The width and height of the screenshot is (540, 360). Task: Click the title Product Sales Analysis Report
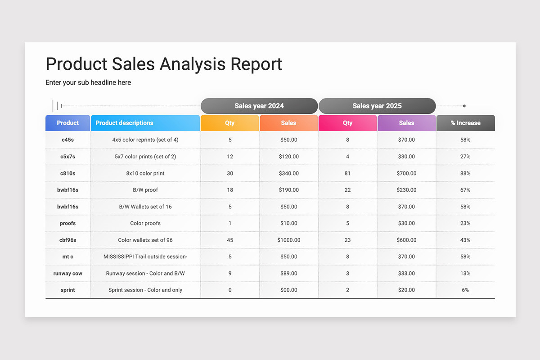pos(164,64)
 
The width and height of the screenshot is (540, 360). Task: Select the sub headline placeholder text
pos(88,82)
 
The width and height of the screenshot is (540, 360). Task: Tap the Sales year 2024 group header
pos(259,106)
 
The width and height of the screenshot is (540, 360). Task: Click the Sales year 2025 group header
pos(377,106)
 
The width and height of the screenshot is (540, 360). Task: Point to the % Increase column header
pos(465,123)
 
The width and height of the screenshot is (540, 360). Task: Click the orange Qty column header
pos(230,123)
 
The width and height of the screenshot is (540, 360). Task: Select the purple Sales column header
pos(406,123)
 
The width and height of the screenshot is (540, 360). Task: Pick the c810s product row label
pos(67,173)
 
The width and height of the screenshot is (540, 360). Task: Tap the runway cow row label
pos(67,273)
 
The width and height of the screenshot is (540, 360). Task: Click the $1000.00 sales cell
pos(288,240)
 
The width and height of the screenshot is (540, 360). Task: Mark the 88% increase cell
pos(465,173)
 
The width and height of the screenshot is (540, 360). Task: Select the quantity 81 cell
pos(347,173)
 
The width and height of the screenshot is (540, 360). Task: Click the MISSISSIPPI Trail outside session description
pos(145,256)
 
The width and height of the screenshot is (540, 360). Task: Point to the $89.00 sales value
pos(288,273)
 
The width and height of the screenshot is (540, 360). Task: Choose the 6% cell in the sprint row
pos(465,290)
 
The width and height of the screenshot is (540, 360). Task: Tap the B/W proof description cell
pos(145,190)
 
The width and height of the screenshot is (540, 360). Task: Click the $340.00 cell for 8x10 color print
pos(288,173)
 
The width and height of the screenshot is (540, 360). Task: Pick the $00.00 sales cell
pos(288,290)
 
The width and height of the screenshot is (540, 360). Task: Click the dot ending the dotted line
pos(464,106)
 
